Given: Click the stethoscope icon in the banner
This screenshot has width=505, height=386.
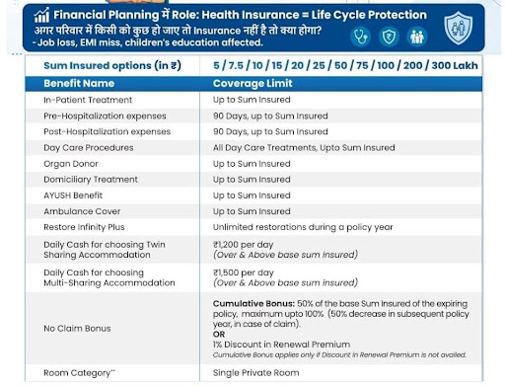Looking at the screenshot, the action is click(360, 37).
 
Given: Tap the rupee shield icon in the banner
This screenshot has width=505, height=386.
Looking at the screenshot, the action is click(389, 37).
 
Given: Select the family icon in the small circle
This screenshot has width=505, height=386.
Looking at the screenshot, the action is click(417, 37).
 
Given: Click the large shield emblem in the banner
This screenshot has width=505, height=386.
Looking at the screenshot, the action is click(458, 29).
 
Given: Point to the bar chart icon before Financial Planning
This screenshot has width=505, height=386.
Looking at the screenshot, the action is click(41, 15).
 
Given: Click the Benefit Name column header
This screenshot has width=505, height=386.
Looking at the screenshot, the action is click(79, 84).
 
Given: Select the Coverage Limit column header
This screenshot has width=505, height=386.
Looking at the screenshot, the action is click(252, 84).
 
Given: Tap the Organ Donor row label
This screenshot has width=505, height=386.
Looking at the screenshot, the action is click(71, 164).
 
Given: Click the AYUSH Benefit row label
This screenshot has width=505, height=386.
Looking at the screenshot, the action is click(73, 195).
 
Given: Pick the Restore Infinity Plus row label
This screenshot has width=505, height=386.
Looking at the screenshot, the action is click(84, 227).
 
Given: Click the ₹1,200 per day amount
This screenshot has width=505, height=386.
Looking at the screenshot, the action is click(244, 245).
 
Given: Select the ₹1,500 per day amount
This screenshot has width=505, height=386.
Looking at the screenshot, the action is click(244, 272).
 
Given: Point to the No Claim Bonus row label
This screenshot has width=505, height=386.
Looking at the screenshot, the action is click(77, 329).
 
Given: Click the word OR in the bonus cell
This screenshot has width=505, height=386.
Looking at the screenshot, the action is click(219, 335).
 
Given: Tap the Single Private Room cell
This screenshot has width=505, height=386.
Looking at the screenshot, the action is click(256, 373).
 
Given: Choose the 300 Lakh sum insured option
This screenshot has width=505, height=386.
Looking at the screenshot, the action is click(455, 65).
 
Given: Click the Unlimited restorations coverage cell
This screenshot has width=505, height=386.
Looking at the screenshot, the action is click(303, 227).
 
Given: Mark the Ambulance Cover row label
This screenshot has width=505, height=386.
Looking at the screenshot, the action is click(82, 211).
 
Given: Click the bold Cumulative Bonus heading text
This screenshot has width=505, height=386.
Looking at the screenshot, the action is click(253, 303).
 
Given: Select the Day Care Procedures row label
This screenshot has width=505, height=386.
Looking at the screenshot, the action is click(89, 148).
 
